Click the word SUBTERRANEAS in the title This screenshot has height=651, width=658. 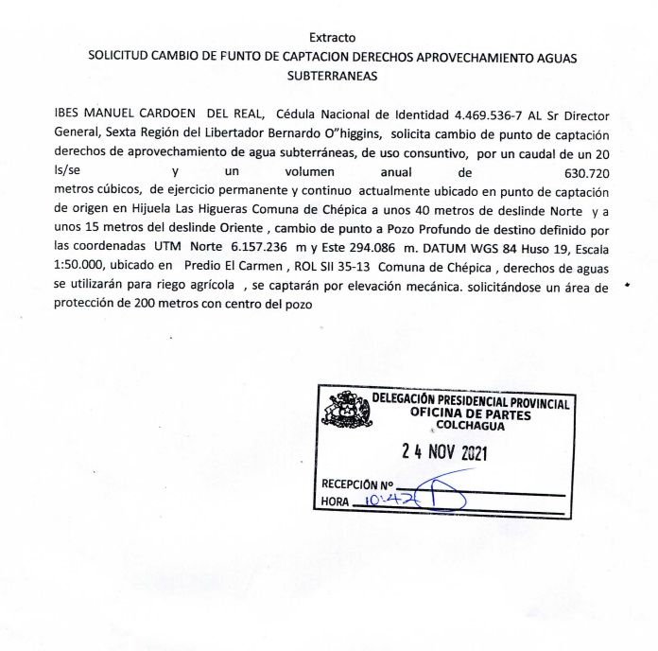coord(332,76)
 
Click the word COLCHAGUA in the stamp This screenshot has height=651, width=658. coord(470,426)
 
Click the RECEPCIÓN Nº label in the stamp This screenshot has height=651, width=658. coord(356,483)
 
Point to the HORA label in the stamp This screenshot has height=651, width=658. coord(334,501)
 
